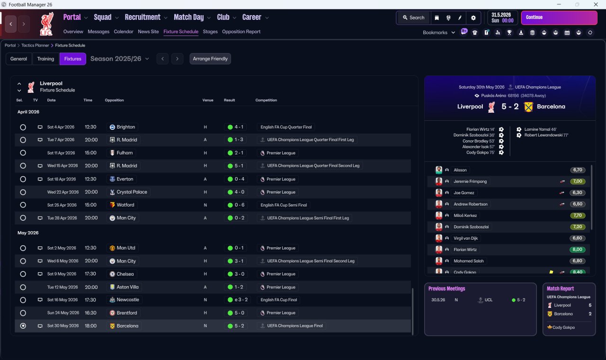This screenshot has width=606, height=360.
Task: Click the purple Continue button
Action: (559, 18)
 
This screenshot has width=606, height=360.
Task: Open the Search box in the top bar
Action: (414, 18)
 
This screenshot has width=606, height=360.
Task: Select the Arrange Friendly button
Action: (210, 59)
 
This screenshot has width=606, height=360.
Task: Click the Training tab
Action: (45, 59)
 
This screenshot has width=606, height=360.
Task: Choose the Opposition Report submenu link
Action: (241, 32)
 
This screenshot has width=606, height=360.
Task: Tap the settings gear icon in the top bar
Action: (473, 18)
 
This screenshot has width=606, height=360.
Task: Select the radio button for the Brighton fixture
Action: (23, 127)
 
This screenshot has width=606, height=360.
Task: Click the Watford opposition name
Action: (125, 205)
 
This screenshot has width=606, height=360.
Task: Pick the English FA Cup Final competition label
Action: (279, 300)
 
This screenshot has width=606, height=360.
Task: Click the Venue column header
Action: (208, 100)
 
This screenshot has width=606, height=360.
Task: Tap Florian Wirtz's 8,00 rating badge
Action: (577, 250)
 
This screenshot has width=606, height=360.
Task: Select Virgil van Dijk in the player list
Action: (465, 238)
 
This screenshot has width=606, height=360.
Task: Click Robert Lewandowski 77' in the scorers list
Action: (546, 135)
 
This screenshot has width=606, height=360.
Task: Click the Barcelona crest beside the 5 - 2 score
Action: (528, 107)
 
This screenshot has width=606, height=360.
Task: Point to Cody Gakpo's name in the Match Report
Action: (563, 327)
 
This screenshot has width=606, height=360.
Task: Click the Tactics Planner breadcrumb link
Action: (35, 45)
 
